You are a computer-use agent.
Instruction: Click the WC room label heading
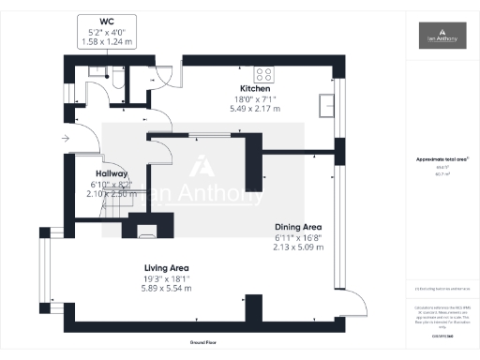[104, 21]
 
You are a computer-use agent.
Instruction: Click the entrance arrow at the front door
[65, 139]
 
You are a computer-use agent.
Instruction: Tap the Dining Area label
[298, 227]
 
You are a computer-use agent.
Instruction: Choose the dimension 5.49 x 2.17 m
[255, 110]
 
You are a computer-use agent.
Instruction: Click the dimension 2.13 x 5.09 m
[298, 247]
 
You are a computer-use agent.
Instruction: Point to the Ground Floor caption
[204, 344]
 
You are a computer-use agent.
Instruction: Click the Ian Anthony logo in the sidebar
[442, 36]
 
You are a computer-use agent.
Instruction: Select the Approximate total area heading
[441, 159]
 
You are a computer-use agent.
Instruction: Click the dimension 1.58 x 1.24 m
[104, 42]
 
